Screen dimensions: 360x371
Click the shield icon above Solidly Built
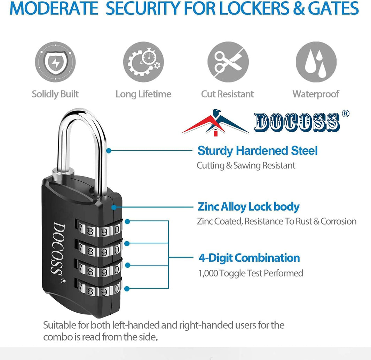click(x=55, y=62)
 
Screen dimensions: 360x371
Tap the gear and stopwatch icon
click(x=143, y=62)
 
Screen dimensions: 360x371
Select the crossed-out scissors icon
click(x=228, y=62)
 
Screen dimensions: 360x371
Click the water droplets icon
click(x=316, y=62)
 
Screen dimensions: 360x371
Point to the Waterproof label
click(x=316, y=94)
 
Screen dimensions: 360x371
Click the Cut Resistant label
click(x=228, y=94)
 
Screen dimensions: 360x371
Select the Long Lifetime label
click(x=143, y=94)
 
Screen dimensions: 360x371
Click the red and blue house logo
click(x=215, y=123)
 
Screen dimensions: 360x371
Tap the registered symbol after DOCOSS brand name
click(x=346, y=114)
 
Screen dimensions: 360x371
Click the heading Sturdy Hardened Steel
click(x=258, y=151)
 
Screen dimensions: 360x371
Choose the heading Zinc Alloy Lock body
click(x=248, y=207)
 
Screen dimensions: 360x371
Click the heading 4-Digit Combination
click(x=249, y=258)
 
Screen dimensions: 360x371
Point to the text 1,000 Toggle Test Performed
click(x=251, y=273)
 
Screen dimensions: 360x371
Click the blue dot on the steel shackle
click(x=109, y=151)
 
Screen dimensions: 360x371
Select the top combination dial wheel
click(x=99, y=229)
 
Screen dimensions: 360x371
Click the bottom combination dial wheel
click(x=99, y=289)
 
